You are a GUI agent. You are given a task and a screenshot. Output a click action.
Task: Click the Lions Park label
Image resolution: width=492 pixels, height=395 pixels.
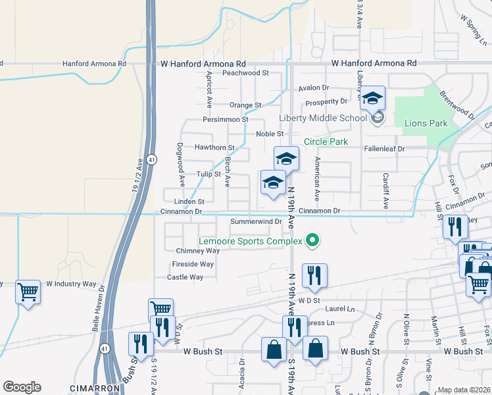(426, 123)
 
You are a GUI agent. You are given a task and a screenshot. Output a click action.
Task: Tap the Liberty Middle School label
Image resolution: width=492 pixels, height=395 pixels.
(322, 118)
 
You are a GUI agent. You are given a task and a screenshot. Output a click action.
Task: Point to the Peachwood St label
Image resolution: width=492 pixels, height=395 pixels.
(246, 73)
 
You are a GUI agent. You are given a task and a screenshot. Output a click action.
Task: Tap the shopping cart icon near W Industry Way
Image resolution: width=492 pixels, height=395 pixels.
(28, 292)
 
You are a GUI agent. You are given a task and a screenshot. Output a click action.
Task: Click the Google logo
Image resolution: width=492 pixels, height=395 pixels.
(22, 387)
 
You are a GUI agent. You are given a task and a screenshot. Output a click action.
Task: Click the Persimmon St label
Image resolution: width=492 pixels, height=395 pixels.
(226, 119)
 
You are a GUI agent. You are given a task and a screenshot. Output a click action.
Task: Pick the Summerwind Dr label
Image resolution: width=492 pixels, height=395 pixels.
(256, 221)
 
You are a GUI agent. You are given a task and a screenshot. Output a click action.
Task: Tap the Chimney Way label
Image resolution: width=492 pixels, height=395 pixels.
(197, 251)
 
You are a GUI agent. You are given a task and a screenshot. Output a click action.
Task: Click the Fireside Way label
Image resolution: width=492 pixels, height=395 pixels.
(193, 264)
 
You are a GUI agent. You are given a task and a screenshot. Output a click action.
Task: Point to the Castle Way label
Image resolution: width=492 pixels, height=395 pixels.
(185, 277)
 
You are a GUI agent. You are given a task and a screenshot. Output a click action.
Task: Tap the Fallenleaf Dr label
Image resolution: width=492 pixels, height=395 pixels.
(384, 149)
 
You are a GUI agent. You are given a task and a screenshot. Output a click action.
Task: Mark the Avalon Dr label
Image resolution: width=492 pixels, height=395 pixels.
(313, 88)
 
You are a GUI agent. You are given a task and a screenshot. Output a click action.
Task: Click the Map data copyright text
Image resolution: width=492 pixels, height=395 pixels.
(463, 390)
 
